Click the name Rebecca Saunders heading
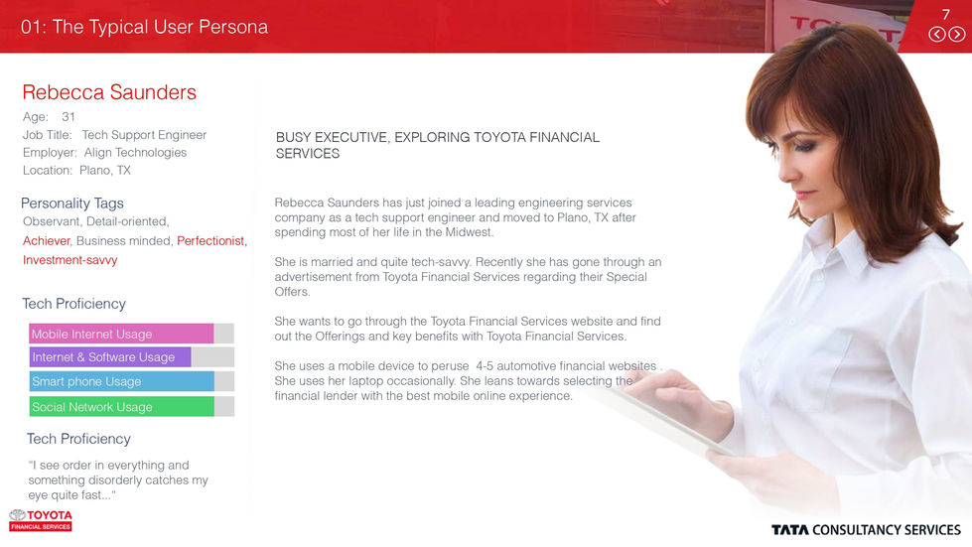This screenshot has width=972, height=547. coord(109,92)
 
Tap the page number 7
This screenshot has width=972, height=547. coord(946,14)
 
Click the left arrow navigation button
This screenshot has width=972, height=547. coord(937,34)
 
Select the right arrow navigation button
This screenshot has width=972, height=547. coord(957,34)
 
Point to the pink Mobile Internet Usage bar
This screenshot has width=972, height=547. coord(121,334)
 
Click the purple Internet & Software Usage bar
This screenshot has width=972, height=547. coord(110,357)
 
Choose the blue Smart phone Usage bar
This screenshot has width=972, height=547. coord(121,381)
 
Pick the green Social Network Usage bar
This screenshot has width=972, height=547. coord(121,406)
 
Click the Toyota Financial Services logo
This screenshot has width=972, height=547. coord(41,520)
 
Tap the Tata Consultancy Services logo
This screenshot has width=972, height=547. coord(866,530)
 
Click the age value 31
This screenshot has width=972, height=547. coord(69,116)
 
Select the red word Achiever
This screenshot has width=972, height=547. coord(47,240)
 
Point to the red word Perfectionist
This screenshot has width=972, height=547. coord(211,240)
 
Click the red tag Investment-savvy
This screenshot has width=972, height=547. coord(69,260)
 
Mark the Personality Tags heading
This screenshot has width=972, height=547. coord(72,204)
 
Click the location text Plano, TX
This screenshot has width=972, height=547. coord(105,170)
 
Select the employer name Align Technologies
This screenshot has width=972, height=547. coord(135,152)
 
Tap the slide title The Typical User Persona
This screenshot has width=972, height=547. coord(144,27)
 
